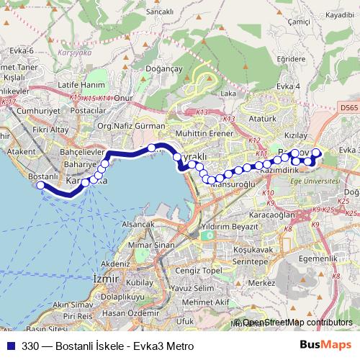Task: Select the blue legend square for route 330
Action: (11, 346)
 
